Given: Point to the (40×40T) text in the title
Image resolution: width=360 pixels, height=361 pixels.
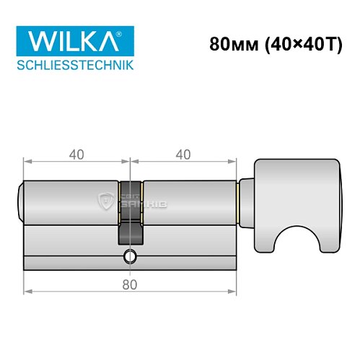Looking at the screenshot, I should pyautogui.click(x=296, y=44).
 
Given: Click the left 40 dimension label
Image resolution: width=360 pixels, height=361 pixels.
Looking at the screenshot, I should pyautogui.click(x=76, y=154).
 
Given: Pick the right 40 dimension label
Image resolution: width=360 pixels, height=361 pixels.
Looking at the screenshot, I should pyautogui.click(x=183, y=154).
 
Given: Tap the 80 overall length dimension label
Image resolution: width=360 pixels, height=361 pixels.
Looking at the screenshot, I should pyautogui.click(x=131, y=284).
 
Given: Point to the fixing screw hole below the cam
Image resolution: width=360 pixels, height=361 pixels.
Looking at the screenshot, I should pyautogui.click(x=130, y=256).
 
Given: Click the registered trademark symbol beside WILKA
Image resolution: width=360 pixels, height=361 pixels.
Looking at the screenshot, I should pyautogui.click(x=128, y=32).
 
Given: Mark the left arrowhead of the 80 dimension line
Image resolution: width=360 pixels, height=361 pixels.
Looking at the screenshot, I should pyautogui.click(x=27, y=292).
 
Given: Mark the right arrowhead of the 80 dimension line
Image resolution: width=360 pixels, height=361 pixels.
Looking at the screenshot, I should pyautogui.click(x=234, y=292).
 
